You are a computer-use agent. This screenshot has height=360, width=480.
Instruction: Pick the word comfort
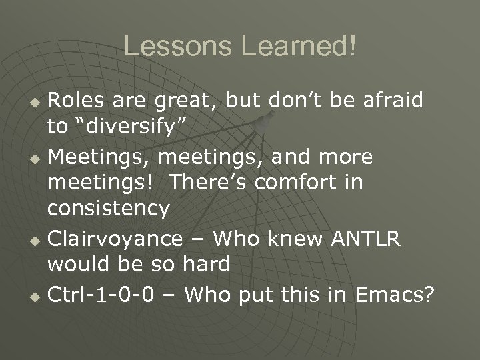[x=293, y=183]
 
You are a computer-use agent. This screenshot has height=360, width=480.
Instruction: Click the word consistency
[x=108, y=209]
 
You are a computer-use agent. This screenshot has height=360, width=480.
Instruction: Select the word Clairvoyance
[x=115, y=238]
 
